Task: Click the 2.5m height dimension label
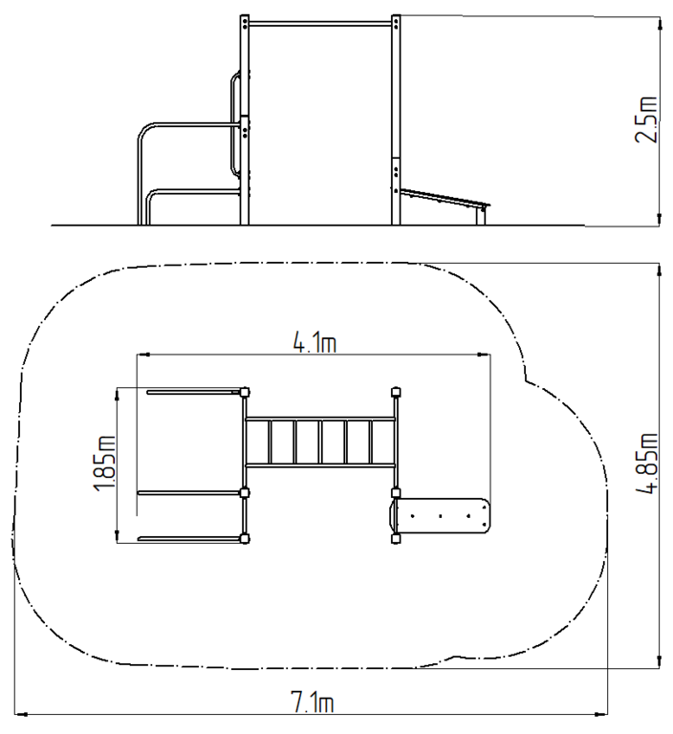click(x=647, y=119)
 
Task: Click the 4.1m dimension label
click(x=315, y=343)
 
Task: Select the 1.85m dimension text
click(x=104, y=464)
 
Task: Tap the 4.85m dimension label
click(x=647, y=463)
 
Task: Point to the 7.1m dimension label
click(x=313, y=702)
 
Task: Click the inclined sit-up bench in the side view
click(x=445, y=198)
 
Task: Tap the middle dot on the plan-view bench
click(x=441, y=516)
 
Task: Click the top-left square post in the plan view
click(x=244, y=392)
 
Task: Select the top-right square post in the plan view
click(x=396, y=392)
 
